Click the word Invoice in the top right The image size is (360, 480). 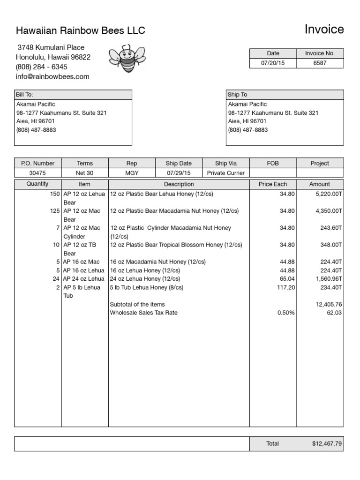[324, 30]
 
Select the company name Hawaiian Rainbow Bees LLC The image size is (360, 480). [81, 31]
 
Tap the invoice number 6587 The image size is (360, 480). [320, 63]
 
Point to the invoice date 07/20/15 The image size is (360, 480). [273, 63]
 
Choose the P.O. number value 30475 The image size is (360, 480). [37, 173]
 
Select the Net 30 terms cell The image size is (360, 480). [85, 173]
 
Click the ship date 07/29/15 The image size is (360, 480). [179, 173]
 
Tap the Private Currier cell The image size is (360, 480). [226, 173]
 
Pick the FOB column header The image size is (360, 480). [273, 163]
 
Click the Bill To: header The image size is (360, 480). [25, 95]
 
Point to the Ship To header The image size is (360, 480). [237, 95]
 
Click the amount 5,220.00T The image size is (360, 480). [328, 194]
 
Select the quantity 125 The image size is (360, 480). [54, 211]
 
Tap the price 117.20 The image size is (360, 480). [285, 287]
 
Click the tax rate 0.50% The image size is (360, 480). [286, 313]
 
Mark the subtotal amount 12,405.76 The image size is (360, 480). [329, 304]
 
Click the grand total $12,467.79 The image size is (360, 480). [326, 443]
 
